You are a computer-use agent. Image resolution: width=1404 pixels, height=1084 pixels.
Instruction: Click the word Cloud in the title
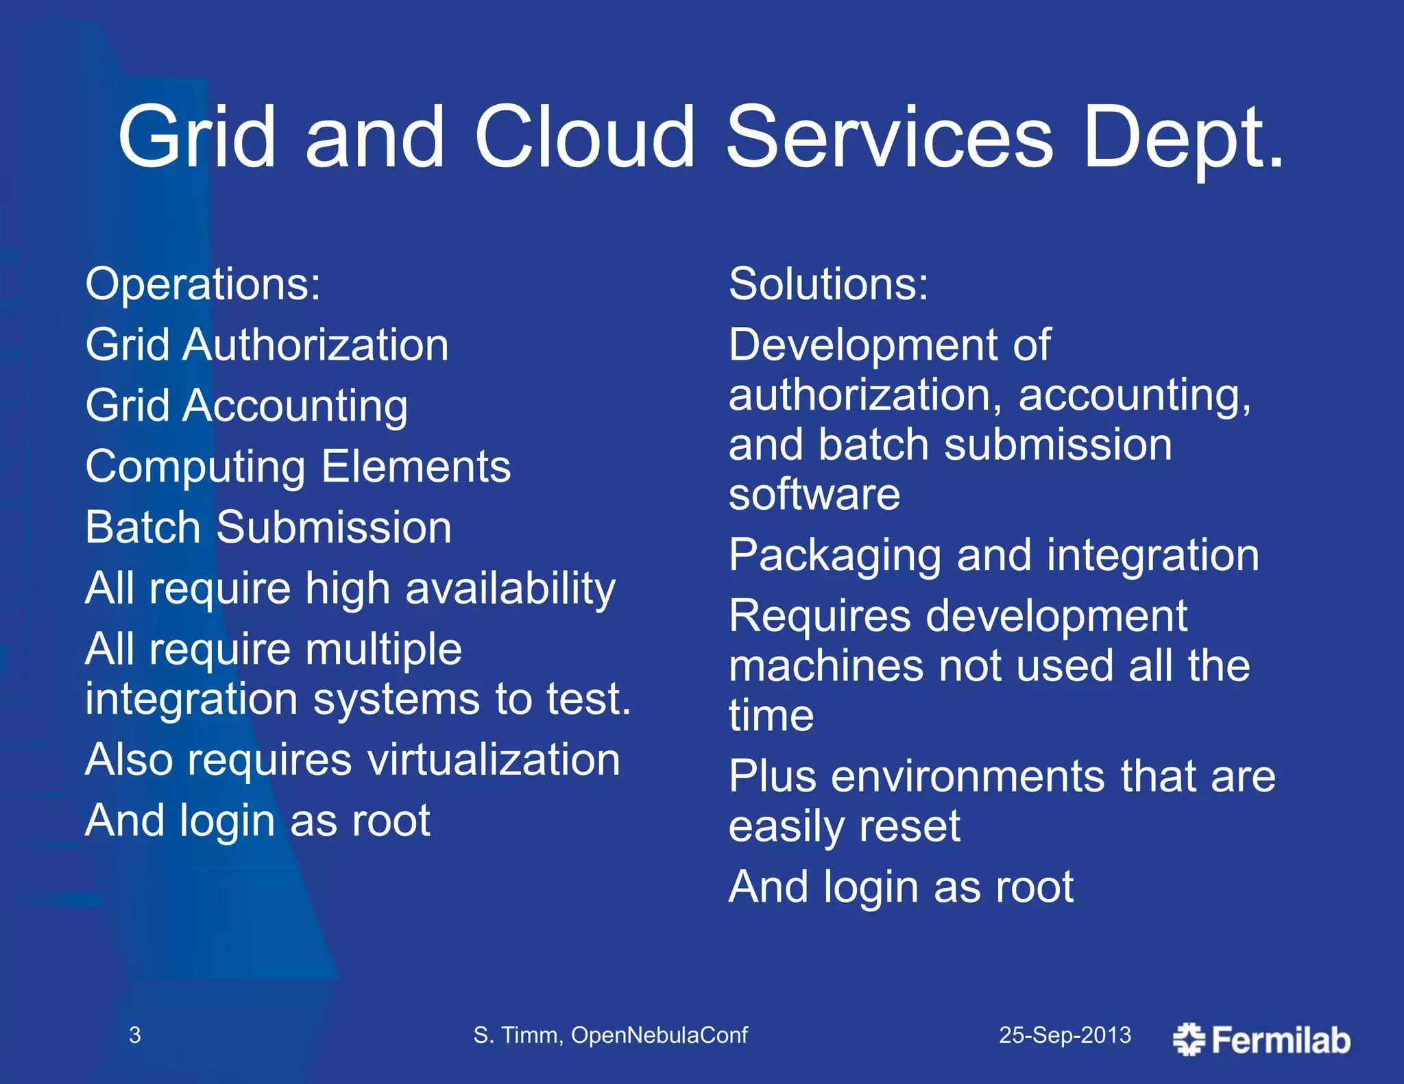585,136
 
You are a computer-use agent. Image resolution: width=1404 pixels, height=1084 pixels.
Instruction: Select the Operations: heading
203,284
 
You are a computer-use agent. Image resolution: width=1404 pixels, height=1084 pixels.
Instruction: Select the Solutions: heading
828,284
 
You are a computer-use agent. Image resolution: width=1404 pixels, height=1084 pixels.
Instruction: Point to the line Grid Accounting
247,406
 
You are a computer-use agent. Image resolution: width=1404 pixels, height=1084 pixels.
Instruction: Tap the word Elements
416,467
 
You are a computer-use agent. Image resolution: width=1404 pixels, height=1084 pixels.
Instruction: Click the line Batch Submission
268,528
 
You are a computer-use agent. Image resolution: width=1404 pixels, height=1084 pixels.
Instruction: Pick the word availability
511,589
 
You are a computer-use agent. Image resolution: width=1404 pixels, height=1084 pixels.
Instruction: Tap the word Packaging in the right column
834,556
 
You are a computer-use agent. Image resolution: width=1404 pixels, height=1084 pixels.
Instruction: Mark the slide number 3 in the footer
135,1035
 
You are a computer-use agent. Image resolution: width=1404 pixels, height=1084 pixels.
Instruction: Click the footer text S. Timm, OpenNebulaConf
610,1035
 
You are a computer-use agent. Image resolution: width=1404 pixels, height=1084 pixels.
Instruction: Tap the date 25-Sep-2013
1065,1035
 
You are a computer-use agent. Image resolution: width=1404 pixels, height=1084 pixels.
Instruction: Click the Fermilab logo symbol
1189,1039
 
